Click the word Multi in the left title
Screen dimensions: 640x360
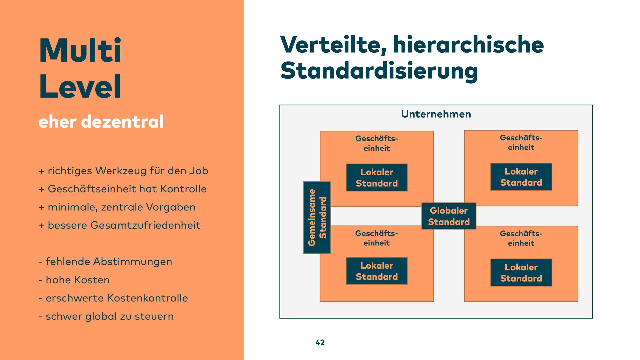coord(80,50)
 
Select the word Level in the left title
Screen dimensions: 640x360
coord(80,86)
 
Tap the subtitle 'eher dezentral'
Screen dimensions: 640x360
coord(101,122)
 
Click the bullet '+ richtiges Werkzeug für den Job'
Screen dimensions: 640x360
coord(123,171)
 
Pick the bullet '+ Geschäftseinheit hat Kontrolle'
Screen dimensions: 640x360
coord(123,189)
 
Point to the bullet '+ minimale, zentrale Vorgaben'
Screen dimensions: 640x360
coord(117,207)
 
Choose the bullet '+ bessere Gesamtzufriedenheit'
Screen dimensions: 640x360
coord(120,225)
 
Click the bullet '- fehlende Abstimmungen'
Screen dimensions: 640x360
coord(105,262)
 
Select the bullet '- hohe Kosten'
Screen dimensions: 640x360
coord(74,280)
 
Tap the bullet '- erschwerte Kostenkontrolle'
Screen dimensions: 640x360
coord(113,298)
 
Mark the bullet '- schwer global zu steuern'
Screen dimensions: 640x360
coord(106,316)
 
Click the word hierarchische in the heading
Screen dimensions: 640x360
coord(468,45)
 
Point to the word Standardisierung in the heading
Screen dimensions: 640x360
coord(379,71)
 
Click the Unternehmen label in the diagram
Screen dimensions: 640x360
coord(436,114)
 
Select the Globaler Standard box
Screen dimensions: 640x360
coord(449,216)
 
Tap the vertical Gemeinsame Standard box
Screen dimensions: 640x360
coord(317,218)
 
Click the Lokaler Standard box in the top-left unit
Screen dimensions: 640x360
coord(377,178)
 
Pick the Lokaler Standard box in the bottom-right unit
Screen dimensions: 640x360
coord(521,273)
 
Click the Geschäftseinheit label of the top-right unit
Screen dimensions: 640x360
coord(521,143)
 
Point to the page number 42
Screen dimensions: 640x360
coord(320,342)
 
